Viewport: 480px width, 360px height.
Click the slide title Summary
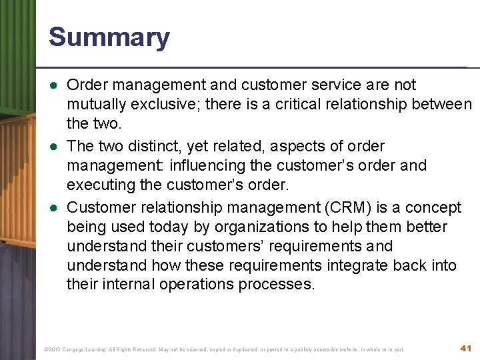(109, 37)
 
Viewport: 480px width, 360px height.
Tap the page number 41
(466, 348)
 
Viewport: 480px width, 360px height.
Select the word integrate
(359, 266)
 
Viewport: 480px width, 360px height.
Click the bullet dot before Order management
(53, 85)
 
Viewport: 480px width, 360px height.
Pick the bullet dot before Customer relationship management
(53, 207)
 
